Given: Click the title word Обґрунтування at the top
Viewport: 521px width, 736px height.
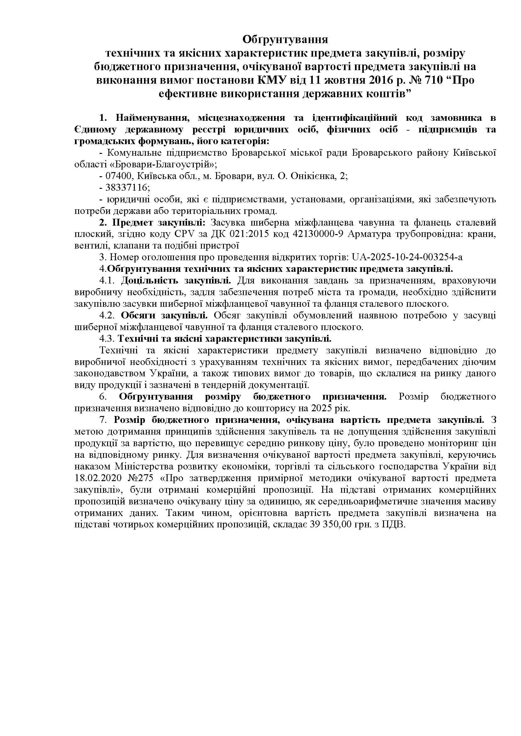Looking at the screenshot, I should [x=285, y=40].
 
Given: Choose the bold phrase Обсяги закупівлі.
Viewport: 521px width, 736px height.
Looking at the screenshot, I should [x=164, y=315].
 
